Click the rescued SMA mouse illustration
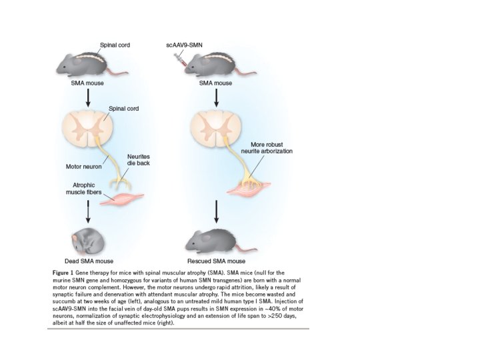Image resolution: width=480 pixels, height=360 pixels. [215, 239]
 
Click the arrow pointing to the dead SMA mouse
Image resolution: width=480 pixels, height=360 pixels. [88, 213]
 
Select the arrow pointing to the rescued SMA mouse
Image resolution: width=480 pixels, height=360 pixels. [216, 212]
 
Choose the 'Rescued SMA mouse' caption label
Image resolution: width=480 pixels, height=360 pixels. [217, 261]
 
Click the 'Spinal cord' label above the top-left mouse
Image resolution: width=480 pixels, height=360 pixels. [114, 45]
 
